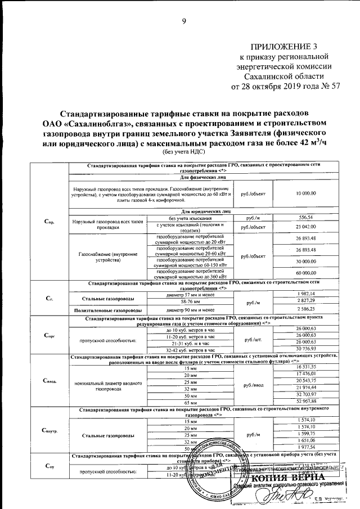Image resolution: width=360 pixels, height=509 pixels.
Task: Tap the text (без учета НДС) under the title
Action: click(183, 152)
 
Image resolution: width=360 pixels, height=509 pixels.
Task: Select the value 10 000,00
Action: click(305, 193)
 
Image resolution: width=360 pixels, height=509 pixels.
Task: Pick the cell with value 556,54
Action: click(305, 217)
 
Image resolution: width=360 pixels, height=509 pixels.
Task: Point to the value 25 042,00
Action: click(305, 226)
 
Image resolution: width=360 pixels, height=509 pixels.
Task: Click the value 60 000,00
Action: click(305, 272)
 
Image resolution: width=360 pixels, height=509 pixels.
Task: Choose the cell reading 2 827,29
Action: click(305, 301)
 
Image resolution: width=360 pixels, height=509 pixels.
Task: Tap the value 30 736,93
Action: click(305, 349)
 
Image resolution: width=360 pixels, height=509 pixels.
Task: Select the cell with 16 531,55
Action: click(305, 366)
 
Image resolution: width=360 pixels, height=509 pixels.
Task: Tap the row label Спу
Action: click(49, 466)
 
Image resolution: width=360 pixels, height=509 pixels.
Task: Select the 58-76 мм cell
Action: click(191, 301)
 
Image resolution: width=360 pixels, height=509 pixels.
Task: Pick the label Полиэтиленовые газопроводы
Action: click(107, 309)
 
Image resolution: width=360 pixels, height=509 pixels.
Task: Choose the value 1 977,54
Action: click(305, 448)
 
